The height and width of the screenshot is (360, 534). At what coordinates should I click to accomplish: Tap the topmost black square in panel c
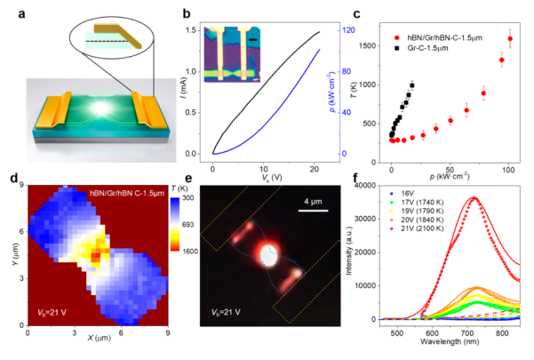pos(412,85)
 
